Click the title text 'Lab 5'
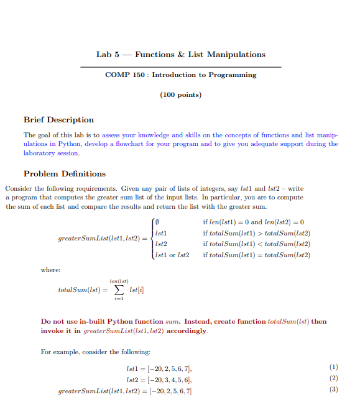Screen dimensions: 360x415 click(108, 55)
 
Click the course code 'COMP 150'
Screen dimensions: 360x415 click(125, 75)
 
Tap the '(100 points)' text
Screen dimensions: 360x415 click(180, 95)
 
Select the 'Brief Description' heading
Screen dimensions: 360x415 click(58, 120)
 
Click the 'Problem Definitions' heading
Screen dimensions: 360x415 click(65, 174)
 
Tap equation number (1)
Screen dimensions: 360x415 click(333, 369)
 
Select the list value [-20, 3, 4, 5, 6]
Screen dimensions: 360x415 click(168, 380)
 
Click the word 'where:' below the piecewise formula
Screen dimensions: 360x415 click(50, 270)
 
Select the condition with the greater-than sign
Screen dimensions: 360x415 click(256, 233)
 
